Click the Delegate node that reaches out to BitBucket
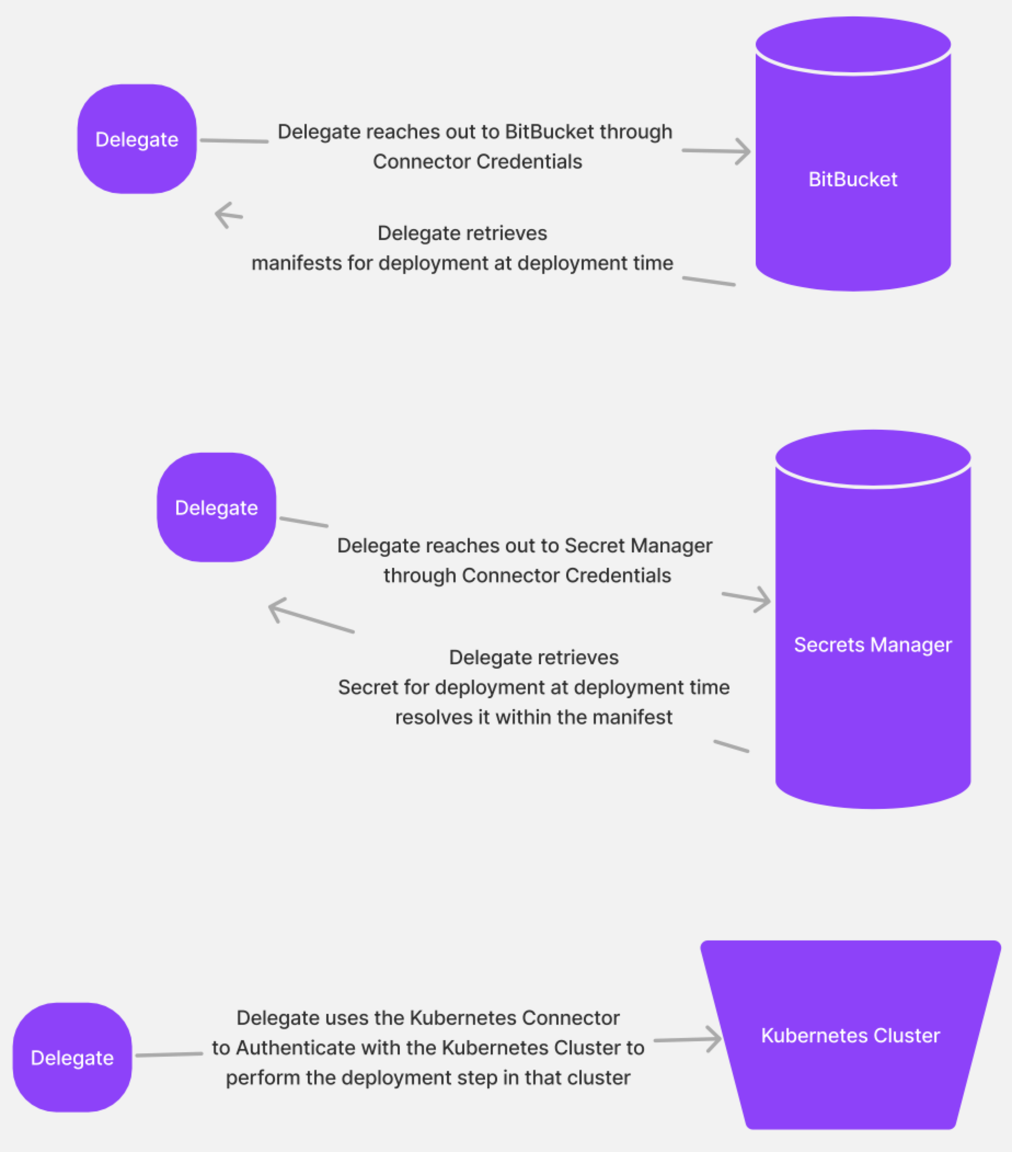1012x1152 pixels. click(137, 139)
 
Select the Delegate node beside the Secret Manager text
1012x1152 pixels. click(216, 508)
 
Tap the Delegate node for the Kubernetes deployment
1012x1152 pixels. click(72, 1058)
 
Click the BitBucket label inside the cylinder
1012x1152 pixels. click(853, 179)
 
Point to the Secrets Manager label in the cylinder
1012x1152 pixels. click(872, 644)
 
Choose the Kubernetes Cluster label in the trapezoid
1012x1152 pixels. click(850, 1035)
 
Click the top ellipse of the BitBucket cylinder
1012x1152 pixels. click(853, 44)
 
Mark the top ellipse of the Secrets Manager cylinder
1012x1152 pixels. click(872, 458)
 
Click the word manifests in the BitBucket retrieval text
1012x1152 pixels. click(296, 263)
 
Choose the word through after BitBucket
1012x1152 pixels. click(636, 132)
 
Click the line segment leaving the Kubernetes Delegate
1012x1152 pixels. click(169, 1054)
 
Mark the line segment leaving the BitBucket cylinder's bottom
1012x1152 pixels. click(709, 281)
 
